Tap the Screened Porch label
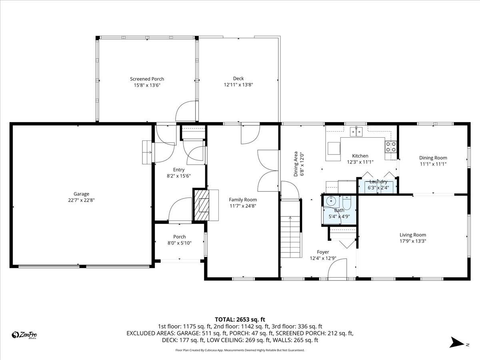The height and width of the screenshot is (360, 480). click(147, 79)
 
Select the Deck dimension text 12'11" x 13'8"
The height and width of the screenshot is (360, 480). click(238, 84)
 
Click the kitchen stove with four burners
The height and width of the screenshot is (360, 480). click(391, 147)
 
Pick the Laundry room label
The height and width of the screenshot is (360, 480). click(378, 182)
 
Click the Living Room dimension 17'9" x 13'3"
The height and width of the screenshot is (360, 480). click(413, 241)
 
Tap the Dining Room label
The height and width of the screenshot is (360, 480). click(433, 158)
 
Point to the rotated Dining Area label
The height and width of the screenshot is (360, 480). click(296, 164)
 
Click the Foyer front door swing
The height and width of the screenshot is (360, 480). click(337, 268)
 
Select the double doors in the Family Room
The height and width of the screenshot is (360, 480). click(268, 171)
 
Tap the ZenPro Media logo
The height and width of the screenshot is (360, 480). click(25, 335)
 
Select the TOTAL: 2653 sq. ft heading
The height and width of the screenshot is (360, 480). click(240, 319)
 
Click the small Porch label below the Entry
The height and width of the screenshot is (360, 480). click(179, 236)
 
